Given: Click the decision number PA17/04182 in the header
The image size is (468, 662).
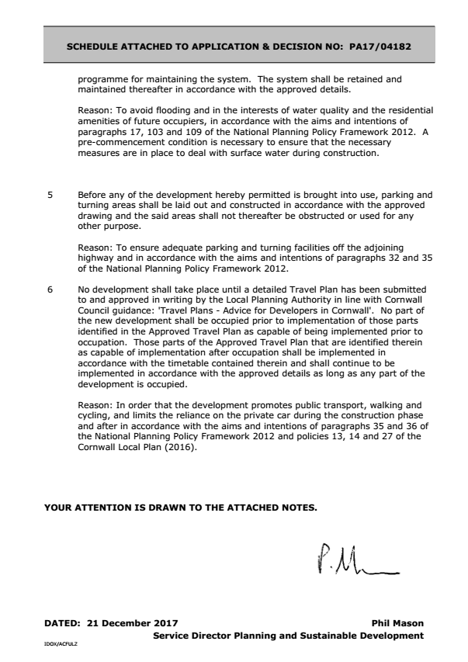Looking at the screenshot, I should [x=380, y=46].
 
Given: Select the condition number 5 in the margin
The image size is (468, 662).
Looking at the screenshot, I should [x=50, y=195].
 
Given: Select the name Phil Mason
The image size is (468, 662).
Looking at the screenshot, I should [x=398, y=623].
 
